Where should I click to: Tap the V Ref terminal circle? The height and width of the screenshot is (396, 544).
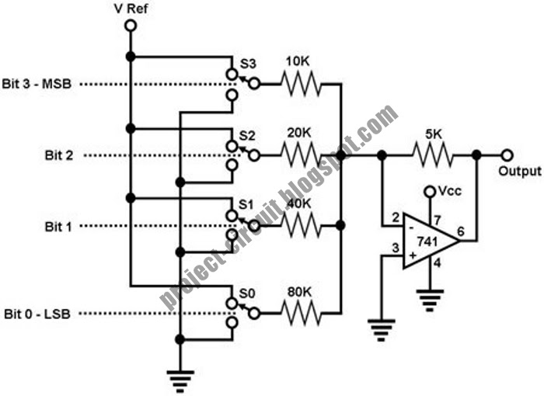[x=131, y=26]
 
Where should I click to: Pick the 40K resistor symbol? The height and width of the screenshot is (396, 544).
[x=300, y=226]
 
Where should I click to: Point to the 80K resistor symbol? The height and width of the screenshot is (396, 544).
[x=300, y=314]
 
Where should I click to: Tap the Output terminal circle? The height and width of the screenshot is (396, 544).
[x=507, y=155]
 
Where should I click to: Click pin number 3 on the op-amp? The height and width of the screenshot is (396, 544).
[x=396, y=248]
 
